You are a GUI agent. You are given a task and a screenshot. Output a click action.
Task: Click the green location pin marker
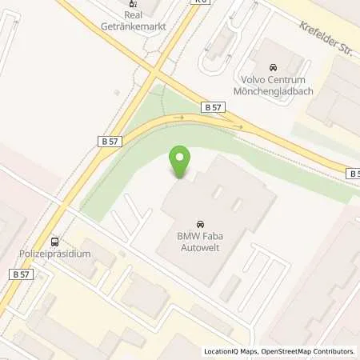tap(181, 162)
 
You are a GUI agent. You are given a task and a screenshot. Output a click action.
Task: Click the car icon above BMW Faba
tap(198, 224)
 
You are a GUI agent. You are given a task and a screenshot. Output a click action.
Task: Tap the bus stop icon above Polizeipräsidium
tap(54, 241)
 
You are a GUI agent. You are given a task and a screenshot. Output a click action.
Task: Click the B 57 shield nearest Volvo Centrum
tap(213, 106)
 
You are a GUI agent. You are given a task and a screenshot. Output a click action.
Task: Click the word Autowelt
tap(198, 249)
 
